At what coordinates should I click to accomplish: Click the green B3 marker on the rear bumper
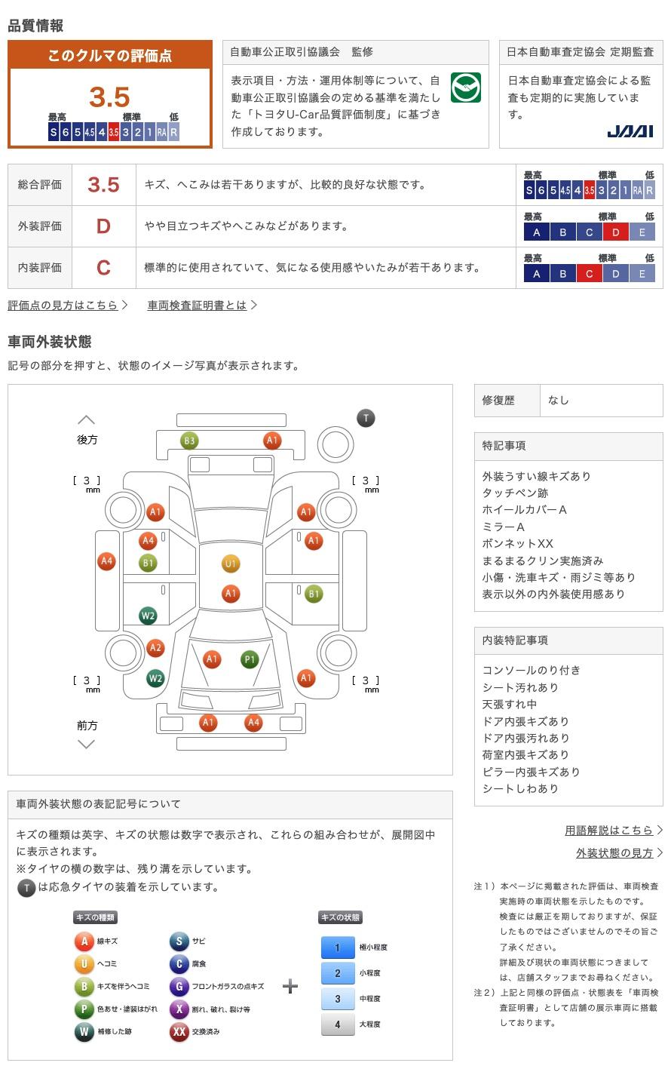click(x=189, y=441)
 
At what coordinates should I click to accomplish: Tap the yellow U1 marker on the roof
click(x=230, y=564)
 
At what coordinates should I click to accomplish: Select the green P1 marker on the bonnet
click(x=250, y=659)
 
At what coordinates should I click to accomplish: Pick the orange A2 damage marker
click(x=155, y=648)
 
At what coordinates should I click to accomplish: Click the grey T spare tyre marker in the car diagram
click(x=366, y=418)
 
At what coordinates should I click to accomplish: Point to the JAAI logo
click(x=630, y=131)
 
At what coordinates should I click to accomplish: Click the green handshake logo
click(x=465, y=88)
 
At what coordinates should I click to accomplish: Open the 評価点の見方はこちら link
click(x=63, y=306)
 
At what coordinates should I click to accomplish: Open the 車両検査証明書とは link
click(x=197, y=306)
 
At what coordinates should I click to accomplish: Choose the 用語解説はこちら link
click(x=608, y=831)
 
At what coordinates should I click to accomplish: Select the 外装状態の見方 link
click(x=614, y=852)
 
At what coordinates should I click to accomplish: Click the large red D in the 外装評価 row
click(x=103, y=226)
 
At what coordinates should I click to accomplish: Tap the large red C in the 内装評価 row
click(x=103, y=268)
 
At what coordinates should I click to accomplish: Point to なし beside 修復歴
click(x=559, y=401)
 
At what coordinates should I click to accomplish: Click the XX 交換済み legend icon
click(x=179, y=1032)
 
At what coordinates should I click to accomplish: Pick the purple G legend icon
click(x=179, y=987)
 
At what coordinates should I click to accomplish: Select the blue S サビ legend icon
click(x=179, y=941)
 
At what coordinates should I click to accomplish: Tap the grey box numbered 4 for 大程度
click(x=338, y=1024)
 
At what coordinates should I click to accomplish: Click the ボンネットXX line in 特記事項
click(x=517, y=544)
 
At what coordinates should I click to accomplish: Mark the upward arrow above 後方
click(x=87, y=419)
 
